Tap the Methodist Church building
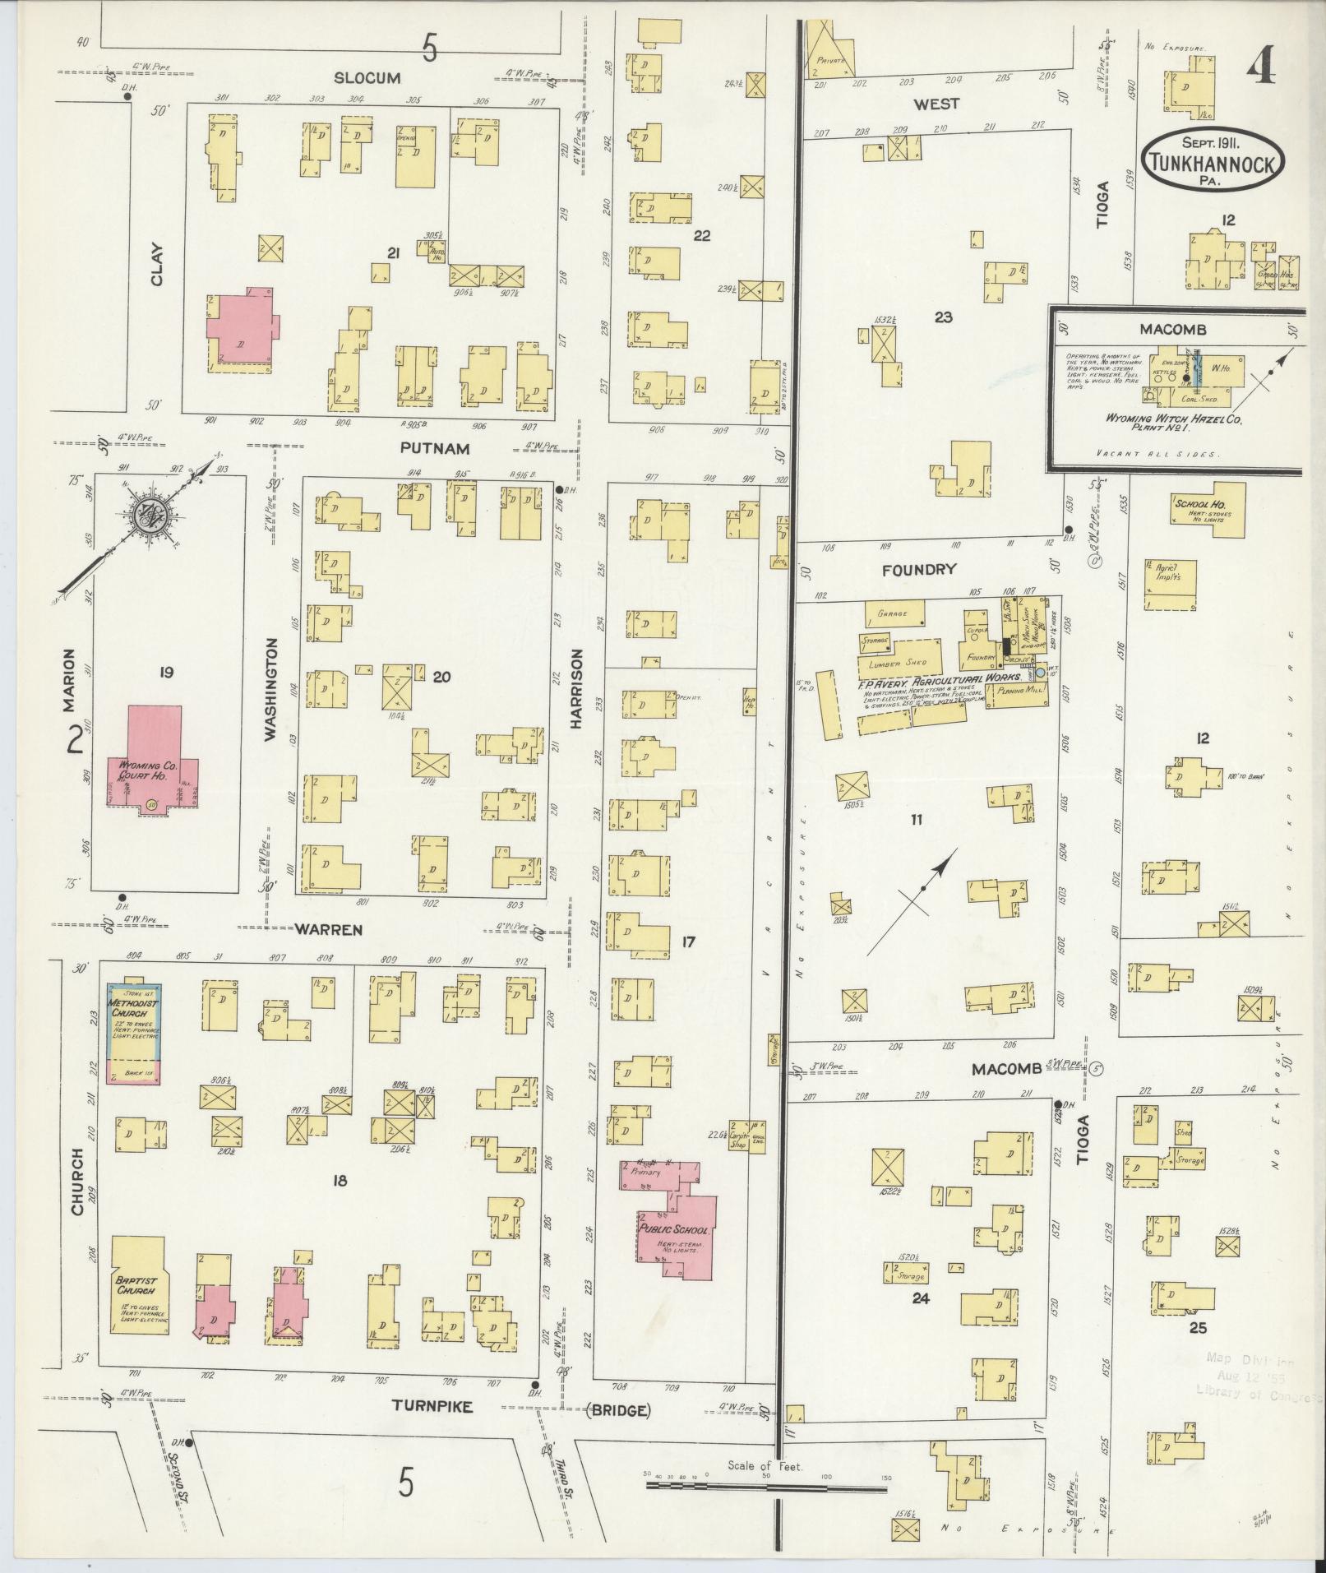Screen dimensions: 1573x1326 (136, 1033)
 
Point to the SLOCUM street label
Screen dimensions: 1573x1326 (367, 78)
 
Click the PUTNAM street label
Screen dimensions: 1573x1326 (435, 448)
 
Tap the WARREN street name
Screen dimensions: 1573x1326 (329, 930)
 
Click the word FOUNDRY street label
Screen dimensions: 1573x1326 (919, 569)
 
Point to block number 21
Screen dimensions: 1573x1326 (393, 254)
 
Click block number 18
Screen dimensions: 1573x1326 (339, 1181)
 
